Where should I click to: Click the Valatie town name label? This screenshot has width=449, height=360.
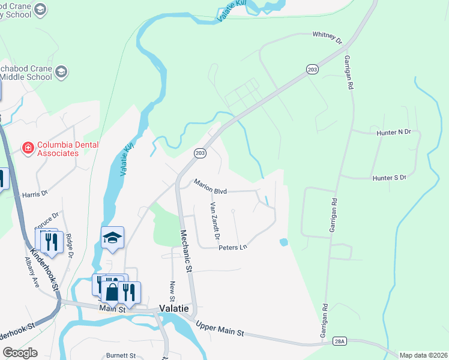[174, 308]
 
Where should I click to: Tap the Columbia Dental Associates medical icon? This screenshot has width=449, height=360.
[27, 147]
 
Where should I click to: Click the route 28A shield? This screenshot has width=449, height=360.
[340, 341]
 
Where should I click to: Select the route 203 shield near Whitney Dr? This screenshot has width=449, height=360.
[312, 70]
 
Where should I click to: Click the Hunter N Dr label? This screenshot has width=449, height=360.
[394, 131]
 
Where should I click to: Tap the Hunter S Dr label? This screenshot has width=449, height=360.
[390, 178]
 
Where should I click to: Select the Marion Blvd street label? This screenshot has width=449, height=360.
[209, 187]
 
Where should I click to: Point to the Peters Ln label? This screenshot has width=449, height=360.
[233, 247]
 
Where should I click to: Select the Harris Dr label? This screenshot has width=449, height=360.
[35, 194]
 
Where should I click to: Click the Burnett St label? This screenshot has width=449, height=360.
[121, 355]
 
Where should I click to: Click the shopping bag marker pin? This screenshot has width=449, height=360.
[112, 292]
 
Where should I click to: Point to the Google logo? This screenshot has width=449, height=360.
[20, 353]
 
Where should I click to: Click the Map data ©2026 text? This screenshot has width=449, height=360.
[423, 355]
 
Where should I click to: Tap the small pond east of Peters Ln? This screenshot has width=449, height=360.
[283, 242]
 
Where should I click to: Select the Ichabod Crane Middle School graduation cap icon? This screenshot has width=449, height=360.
[61, 73]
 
